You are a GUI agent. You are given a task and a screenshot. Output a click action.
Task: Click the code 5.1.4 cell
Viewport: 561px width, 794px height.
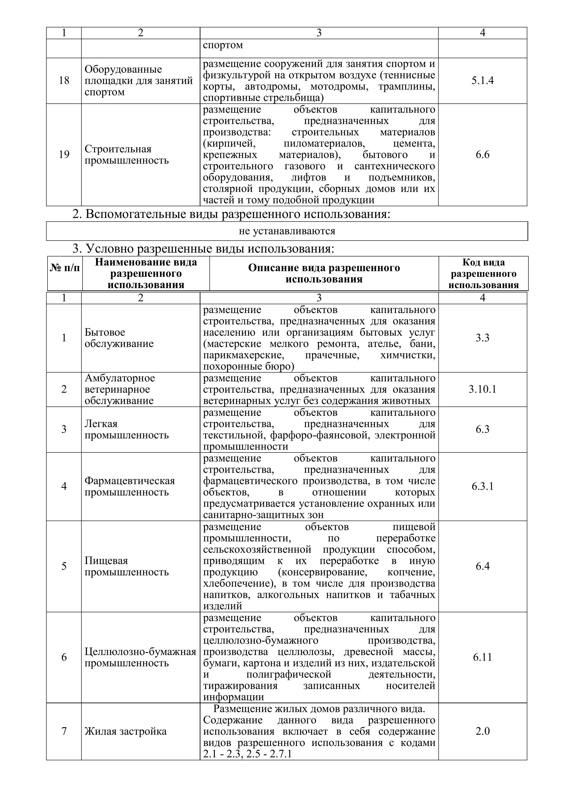coord(482,81)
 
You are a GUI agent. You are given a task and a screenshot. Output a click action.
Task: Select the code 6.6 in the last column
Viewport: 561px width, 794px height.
coord(482,155)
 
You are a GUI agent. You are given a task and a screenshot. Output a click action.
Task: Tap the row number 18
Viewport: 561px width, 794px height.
coord(64,81)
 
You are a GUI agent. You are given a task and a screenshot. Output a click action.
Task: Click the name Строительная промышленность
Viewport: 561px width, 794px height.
coord(126,155)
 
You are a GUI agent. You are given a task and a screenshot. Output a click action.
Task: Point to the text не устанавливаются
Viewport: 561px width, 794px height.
coord(287,231)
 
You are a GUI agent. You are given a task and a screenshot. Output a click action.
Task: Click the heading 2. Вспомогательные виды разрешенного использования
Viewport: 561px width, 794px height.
coord(231,214)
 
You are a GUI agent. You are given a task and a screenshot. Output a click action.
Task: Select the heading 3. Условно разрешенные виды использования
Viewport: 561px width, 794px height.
coord(203,248)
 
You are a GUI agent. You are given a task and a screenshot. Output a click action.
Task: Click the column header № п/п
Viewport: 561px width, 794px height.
coord(65,268)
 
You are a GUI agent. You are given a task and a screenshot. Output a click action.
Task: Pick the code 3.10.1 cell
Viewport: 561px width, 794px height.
coord(482,389)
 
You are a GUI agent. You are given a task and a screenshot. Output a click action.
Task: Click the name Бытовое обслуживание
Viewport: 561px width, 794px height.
coord(119,338)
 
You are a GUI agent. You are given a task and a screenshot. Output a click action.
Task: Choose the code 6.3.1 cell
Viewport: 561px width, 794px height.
coord(482,487)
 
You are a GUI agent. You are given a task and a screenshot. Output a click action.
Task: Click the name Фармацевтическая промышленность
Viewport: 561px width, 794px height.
coord(130,487)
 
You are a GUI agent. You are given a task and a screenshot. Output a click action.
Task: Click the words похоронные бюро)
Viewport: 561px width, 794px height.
coord(248,366)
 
